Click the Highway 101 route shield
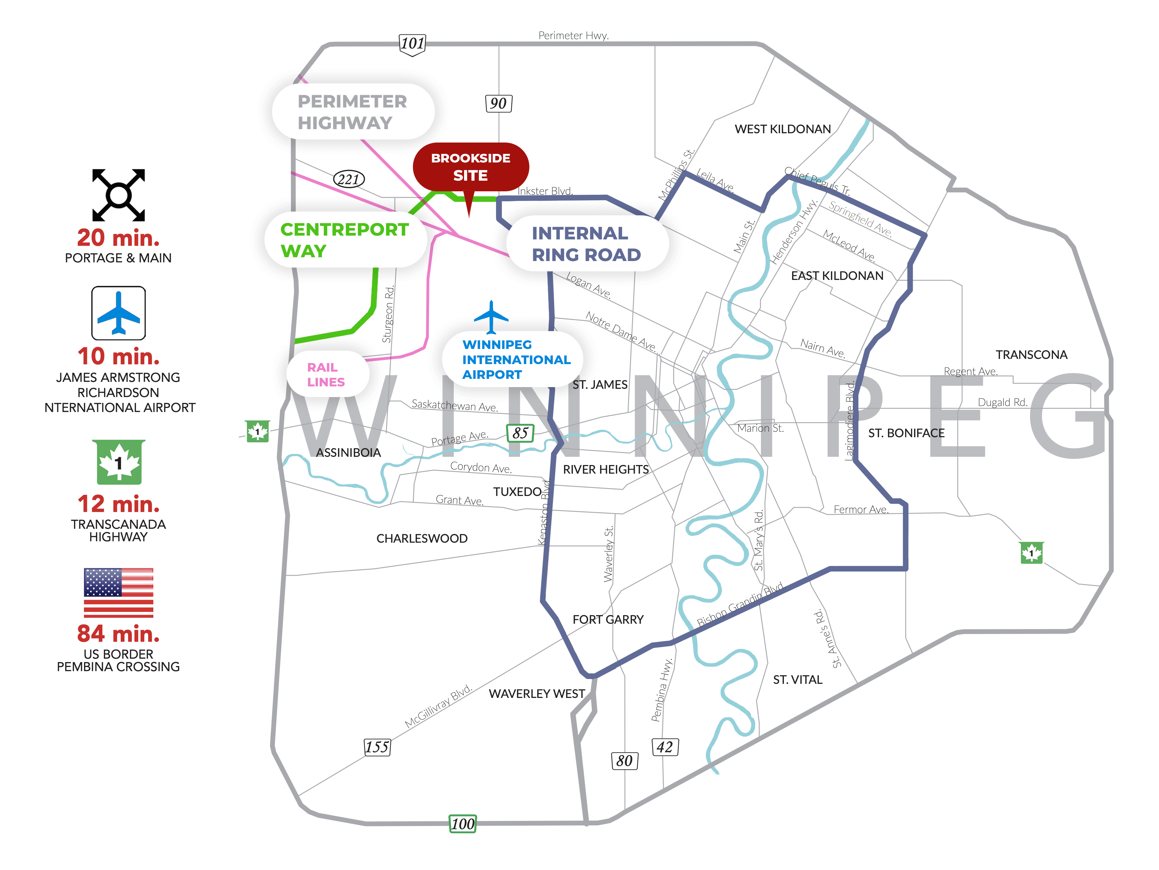coord(412,44)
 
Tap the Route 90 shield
coord(498,103)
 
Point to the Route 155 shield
coord(377,747)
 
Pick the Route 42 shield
coord(665,747)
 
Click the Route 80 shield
coord(624,760)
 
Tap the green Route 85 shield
coord(520,433)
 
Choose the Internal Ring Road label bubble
coord(586,244)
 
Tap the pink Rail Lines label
coord(326,374)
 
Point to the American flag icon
coord(119,592)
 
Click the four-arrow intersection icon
coord(119,195)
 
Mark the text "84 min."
coord(119,634)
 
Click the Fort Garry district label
coord(608,620)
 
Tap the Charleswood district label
coord(422,539)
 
